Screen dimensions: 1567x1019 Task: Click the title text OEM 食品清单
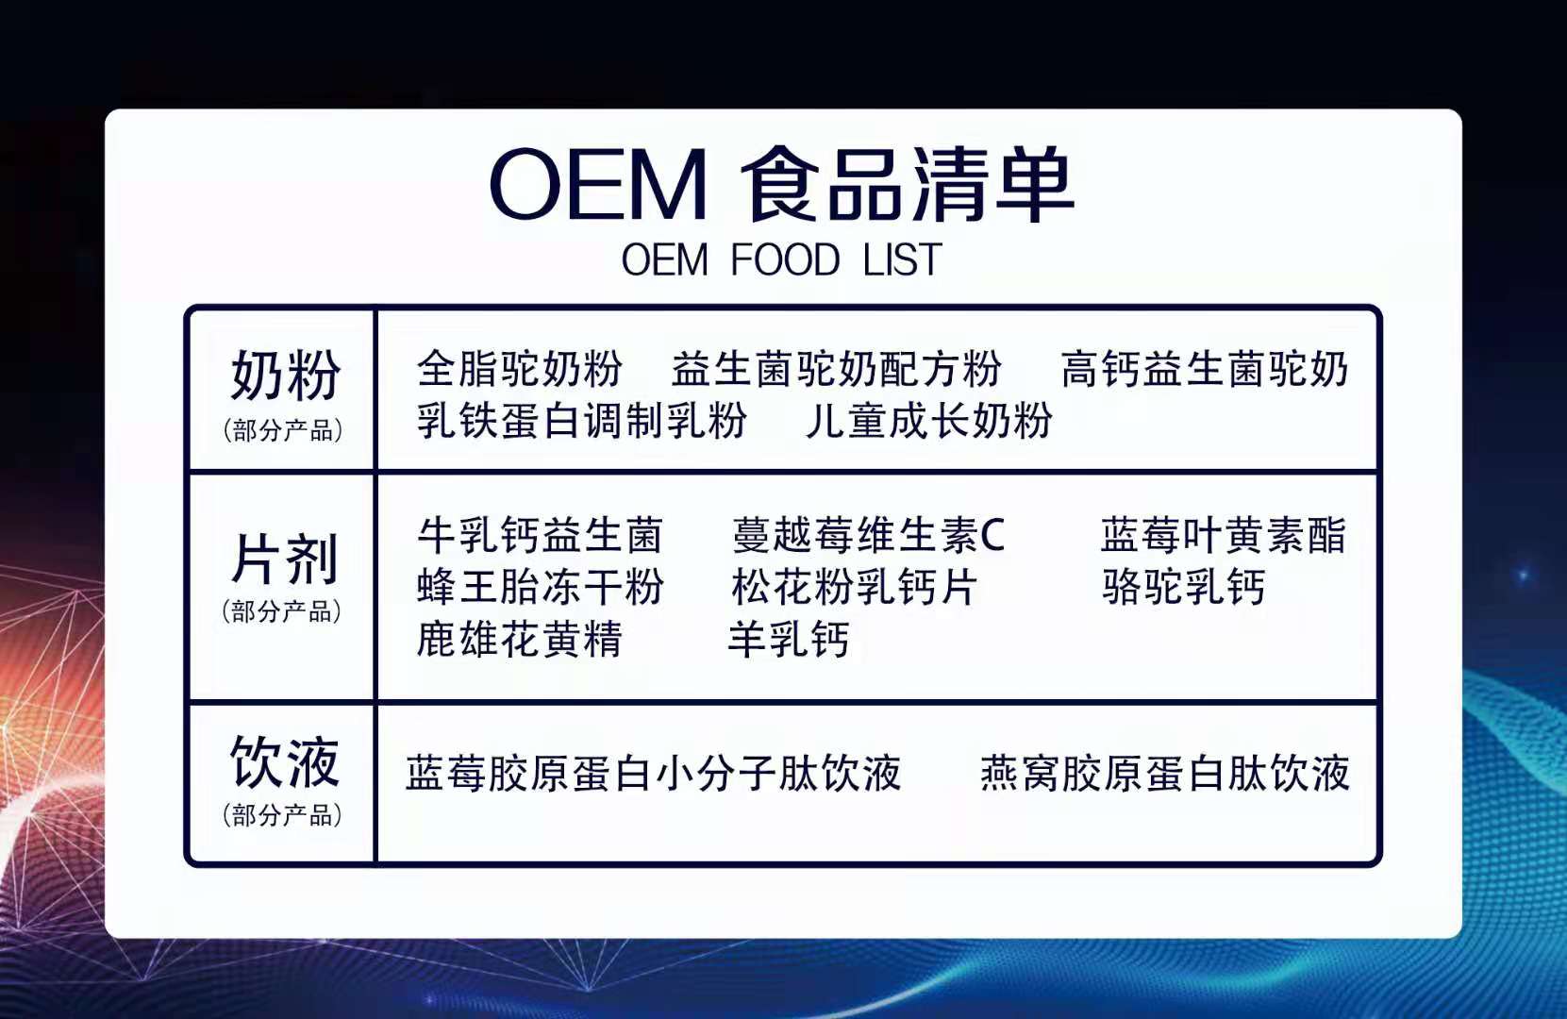click(x=781, y=184)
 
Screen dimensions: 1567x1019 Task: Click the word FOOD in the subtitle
click(x=785, y=259)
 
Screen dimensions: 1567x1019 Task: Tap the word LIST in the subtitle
click(x=903, y=259)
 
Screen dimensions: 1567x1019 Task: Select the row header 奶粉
click(x=286, y=376)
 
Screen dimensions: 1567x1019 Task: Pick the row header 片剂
click(x=285, y=559)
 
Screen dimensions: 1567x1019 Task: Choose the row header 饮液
click(x=285, y=761)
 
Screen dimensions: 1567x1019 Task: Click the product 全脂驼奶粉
click(x=519, y=368)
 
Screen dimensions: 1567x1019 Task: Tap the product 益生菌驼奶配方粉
click(x=837, y=368)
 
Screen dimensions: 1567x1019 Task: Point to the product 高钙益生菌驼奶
click(x=1205, y=368)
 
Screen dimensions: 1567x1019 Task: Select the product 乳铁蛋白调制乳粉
click(x=582, y=420)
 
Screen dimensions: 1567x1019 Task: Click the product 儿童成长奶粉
click(x=929, y=420)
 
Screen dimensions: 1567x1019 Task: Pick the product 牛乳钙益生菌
click(x=540, y=535)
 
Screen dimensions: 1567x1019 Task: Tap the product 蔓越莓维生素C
click(x=868, y=535)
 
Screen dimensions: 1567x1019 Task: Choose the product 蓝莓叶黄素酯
click(x=1224, y=535)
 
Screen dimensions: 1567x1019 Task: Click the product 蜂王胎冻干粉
click(x=540, y=586)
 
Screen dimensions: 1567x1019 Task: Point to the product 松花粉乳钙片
click(x=854, y=586)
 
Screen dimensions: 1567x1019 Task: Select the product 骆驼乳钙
click(x=1184, y=586)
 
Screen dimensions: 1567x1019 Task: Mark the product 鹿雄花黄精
click(x=519, y=638)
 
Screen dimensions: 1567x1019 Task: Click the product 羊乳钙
click(x=789, y=638)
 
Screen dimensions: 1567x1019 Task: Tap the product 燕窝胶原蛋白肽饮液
click(x=1165, y=773)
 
